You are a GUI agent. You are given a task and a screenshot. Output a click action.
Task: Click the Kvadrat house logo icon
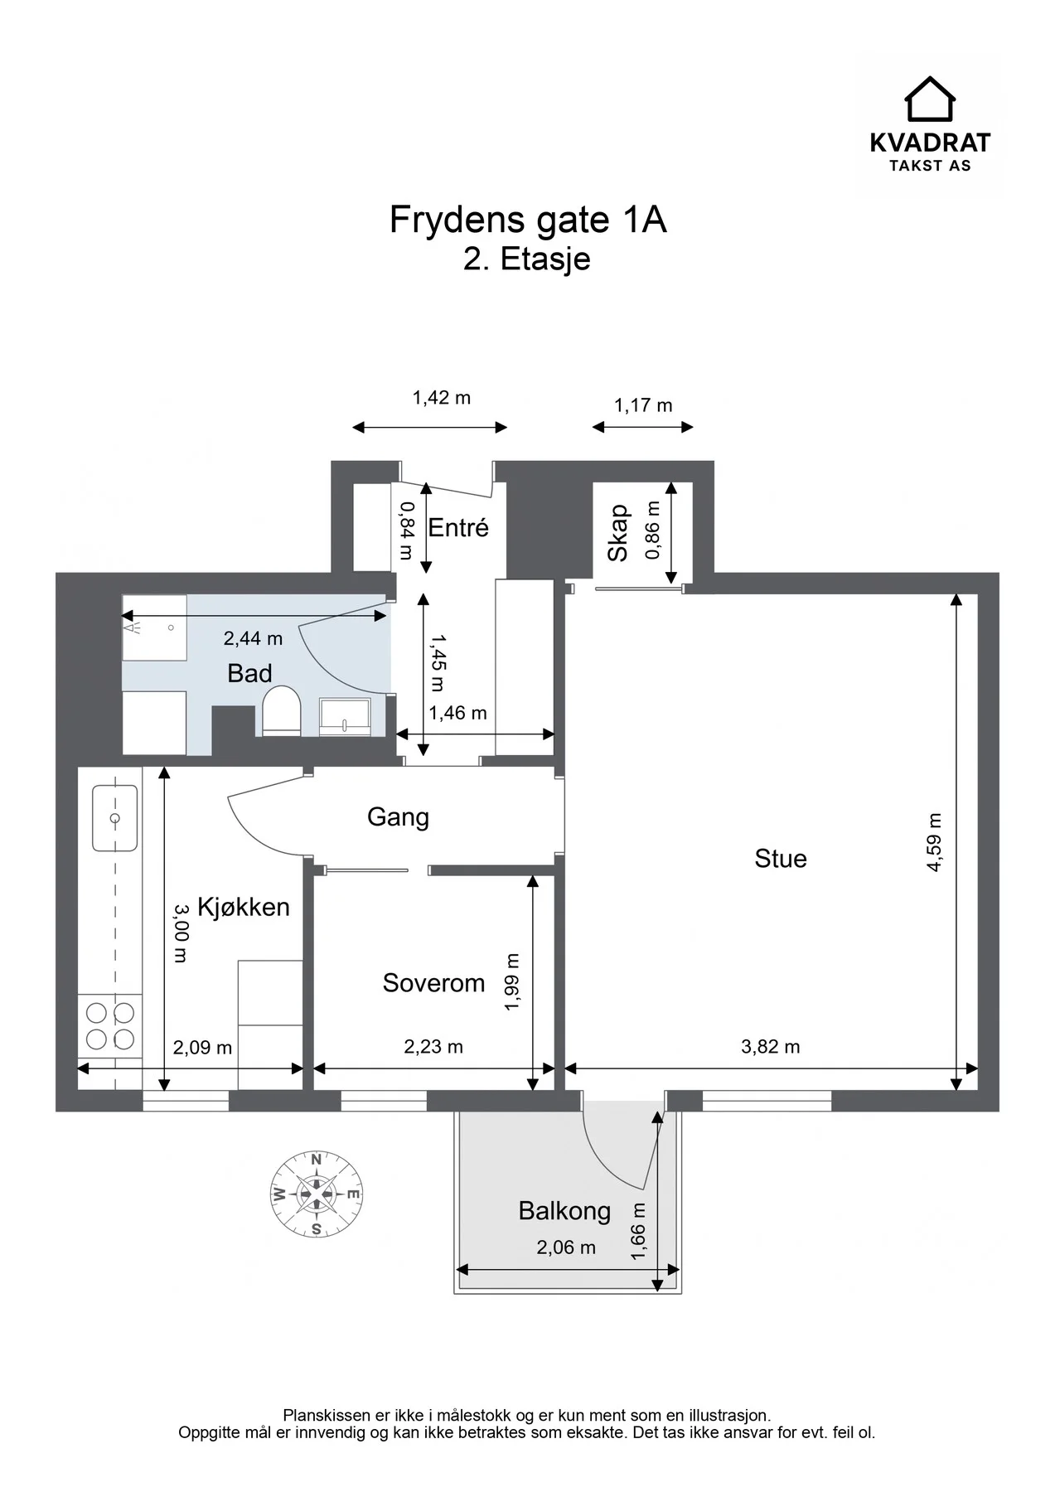click(x=929, y=99)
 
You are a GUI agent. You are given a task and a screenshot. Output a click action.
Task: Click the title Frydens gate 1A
click(x=528, y=220)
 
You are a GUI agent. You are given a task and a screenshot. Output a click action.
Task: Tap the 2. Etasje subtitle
click(x=527, y=259)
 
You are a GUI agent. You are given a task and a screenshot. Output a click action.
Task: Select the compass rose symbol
click(x=317, y=1194)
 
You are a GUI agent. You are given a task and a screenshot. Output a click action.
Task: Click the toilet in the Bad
click(x=281, y=710)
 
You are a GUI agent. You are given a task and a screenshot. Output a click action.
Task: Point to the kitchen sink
click(x=114, y=818)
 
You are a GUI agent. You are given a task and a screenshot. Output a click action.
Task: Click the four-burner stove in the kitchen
click(x=110, y=1025)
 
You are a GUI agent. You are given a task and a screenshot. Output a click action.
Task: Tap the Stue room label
click(x=780, y=859)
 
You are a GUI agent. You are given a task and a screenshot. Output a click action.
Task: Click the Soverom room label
click(x=433, y=983)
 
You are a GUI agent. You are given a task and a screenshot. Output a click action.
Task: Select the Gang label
click(x=398, y=817)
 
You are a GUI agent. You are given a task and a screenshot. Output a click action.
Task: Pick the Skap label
click(x=618, y=533)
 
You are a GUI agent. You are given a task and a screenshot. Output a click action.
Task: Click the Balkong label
click(x=564, y=1211)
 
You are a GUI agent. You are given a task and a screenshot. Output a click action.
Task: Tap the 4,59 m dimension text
click(x=935, y=842)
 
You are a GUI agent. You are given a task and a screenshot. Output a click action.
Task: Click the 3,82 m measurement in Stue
click(x=770, y=1047)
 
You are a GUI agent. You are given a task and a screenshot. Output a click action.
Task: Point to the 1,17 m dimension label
click(x=643, y=405)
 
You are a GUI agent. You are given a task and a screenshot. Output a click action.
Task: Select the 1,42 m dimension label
click(x=442, y=398)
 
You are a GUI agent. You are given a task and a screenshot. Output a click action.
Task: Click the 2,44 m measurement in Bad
click(x=253, y=638)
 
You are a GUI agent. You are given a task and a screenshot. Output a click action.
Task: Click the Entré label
click(x=458, y=527)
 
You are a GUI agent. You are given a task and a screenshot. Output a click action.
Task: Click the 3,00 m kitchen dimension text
click(x=181, y=932)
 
